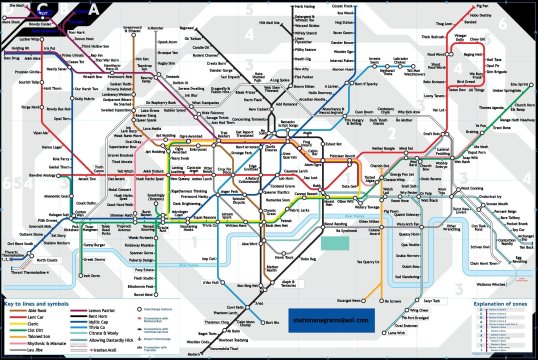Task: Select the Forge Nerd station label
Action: point(26,102)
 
